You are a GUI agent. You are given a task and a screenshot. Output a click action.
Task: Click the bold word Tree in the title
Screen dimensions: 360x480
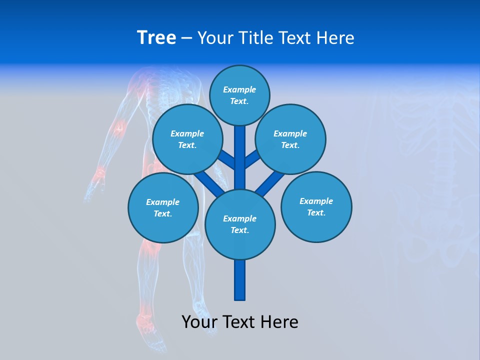pos(156,37)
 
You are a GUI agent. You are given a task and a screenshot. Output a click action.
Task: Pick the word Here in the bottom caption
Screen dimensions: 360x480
pos(279,322)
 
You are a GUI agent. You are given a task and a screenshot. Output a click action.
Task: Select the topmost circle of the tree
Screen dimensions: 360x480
pos(239,95)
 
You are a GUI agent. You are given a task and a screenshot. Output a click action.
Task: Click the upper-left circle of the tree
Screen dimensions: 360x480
pos(187,139)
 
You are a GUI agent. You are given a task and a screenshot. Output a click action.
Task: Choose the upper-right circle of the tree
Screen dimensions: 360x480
pos(290,139)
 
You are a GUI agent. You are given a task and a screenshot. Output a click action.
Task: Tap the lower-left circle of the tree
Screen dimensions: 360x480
pos(163,207)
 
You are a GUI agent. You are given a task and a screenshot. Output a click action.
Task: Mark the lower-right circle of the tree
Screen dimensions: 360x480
pos(316,206)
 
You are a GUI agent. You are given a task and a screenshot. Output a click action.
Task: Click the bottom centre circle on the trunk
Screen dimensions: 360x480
pos(240,224)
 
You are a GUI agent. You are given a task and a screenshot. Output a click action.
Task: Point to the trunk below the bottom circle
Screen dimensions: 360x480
pos(240,280)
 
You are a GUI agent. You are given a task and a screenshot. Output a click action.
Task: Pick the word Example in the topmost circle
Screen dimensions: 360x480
pos(239,89)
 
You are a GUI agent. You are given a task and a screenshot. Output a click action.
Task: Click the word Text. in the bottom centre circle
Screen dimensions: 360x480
pos(239,230)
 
